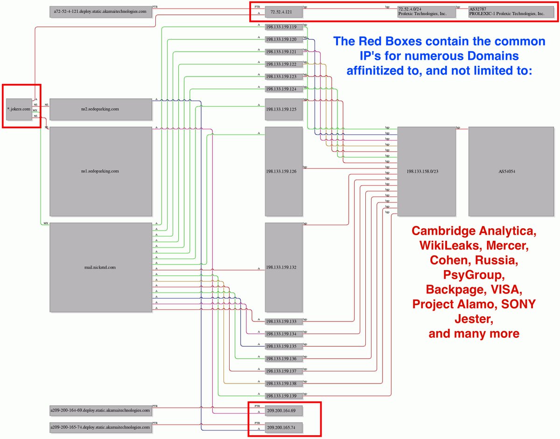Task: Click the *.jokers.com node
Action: click(x=19, y=109)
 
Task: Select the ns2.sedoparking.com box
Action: click(x=101, y=109)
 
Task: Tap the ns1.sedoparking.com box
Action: click(x=101, y=171)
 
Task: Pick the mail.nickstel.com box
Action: click(x=101, y=267)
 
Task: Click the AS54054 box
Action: click(x=507, y=171)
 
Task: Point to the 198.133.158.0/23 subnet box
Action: click(x=426, y=171)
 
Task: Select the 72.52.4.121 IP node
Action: click(x=283, y=12)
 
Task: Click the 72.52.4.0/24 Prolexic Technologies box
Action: click(x=426, y=12)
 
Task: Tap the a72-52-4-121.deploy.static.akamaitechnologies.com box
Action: click(x=101, y=12)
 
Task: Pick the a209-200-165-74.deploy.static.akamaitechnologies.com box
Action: click(x=101, y=427)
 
